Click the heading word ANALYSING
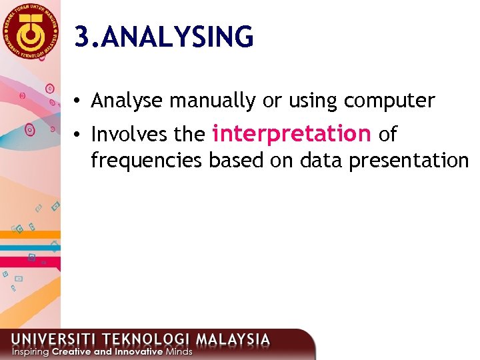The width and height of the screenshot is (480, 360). click(179, 37)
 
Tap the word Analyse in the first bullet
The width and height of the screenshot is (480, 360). click(127, 101)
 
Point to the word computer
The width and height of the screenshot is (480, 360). click(389, 101)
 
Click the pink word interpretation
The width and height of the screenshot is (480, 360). click(291, 134)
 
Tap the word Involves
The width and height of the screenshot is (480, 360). click(129, 135)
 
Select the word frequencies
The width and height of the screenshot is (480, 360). click(147, 161)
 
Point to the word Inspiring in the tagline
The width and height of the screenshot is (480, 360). click(30, 351)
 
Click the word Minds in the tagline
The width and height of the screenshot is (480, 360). click(179, 351)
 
